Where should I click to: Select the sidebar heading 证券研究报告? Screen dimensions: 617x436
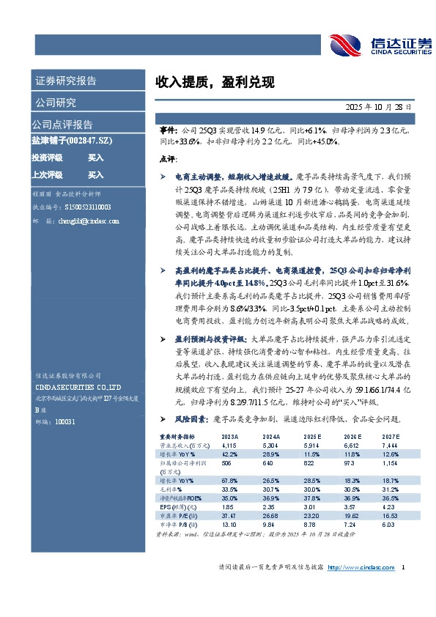click(x=65, y=81)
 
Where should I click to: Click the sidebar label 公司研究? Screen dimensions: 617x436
click(x=56, y=102)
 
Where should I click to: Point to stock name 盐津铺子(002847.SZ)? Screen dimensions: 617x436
click(x=71, y=141)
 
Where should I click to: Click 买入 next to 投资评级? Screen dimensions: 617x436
click(x=96, y=158)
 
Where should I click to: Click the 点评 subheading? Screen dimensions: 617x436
click(x=167, y=159)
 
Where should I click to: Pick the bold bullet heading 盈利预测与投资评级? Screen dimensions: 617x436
click(x=212, y=340)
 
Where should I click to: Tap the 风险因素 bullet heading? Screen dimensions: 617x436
click(x=192, y=419)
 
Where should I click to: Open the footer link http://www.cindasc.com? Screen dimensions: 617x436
click(x=361, y=568)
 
